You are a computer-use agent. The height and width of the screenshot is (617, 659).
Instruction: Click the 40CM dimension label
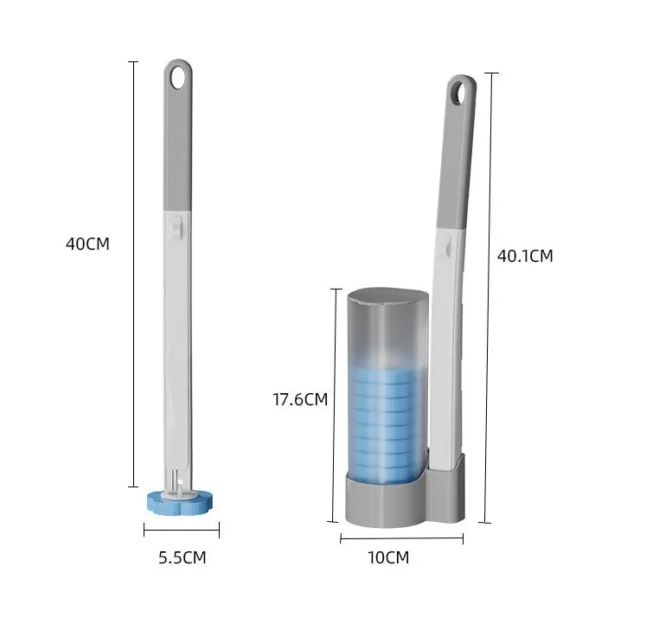pyautogui.click(x=87, y=244)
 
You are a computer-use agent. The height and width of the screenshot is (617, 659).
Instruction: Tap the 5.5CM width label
pyautogui.click(x=182, y=557)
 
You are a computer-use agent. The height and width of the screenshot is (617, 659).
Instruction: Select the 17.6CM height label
pyautogui.click(x=300, y=399)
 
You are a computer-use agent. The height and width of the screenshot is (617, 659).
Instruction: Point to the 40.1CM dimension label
pyautogui.click(x=525, y=256)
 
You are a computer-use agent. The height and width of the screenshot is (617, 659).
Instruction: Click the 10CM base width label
pyautogui.click(x=388, y=557)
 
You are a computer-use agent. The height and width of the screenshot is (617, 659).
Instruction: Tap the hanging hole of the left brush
pyautogui.click(x=179, y=78)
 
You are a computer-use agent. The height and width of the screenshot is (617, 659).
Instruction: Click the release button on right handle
pyautogui.click(x=445, y=245)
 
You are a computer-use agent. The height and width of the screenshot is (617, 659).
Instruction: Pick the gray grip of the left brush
pyautogui.click(x=178, y=147)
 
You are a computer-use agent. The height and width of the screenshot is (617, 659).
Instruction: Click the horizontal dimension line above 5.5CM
pyautogui.click(x=182, y=530)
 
